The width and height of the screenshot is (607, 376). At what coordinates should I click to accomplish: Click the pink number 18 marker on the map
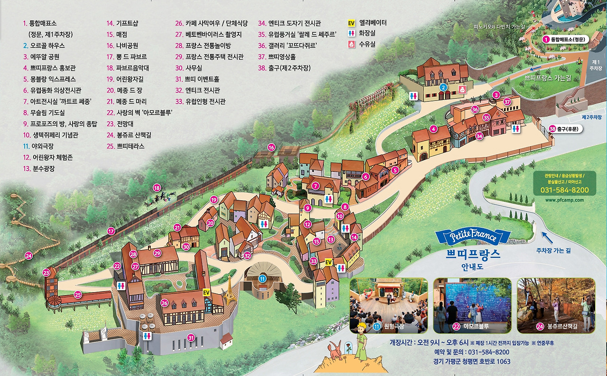tap(157, 188)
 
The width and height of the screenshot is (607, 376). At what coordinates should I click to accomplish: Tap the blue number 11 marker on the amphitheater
tap(262, 279)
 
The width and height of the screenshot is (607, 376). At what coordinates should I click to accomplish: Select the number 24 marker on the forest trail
tap(29, 256)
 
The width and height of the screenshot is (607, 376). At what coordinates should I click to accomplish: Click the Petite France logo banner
tap(473, 236)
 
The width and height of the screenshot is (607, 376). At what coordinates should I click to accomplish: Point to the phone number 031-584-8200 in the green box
tap(564, 190)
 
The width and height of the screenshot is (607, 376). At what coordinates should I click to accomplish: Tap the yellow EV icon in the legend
tap(351, 23)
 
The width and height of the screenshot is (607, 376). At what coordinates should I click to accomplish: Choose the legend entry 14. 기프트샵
tap(123, 23)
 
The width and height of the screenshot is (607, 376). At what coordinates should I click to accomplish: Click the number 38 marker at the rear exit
tap(552, 129)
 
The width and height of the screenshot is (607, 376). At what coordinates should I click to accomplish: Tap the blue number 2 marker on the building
tap(443, 87)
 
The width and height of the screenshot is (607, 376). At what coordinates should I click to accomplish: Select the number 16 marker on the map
tap(271, 147)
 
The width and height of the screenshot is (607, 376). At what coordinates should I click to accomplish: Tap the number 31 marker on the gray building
tap(191, 338)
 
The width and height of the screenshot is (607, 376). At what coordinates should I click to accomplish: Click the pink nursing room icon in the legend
tap(351, 44)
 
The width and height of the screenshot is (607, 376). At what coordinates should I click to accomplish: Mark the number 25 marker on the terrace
tap(78, 294)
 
